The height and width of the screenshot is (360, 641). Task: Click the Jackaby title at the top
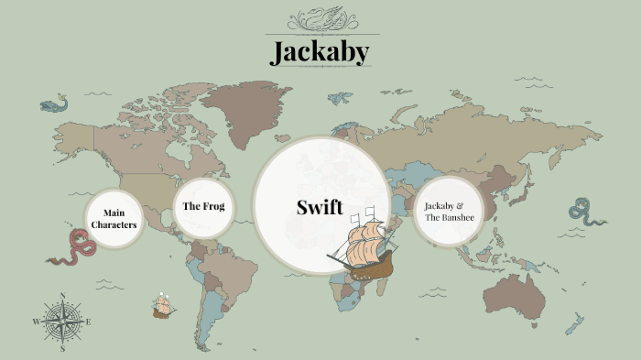(x=320, y=51)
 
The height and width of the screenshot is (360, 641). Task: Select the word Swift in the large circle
(x=320, y=207)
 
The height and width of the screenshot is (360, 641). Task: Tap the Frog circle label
(x=203, y=206)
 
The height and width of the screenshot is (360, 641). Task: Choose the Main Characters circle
(x=114, y=219)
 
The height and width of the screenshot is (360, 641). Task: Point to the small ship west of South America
(x=164, y=306)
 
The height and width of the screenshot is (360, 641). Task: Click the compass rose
(x=62, y=322)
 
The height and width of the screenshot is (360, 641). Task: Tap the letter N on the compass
(x=62, y=295)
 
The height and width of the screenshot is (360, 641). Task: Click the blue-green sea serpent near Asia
(x=585, y=213)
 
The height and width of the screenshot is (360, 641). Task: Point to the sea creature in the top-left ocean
(x=54, y=104)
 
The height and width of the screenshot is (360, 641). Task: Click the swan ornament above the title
(x=320, y=17)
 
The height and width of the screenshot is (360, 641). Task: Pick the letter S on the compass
(x=62, y=349)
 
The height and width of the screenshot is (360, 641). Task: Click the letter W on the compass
(x=37, y=322)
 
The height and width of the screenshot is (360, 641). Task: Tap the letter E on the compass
(x=88, y=322)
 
